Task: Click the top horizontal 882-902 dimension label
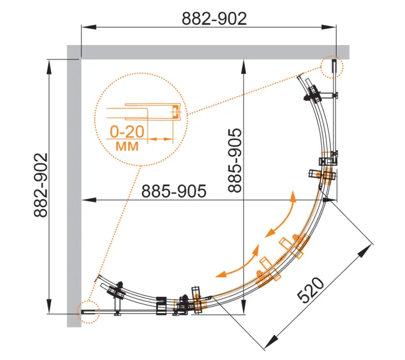(214, 19)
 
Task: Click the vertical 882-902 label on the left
(41, 185)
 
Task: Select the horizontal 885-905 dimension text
(174, 191)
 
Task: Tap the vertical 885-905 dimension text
(235, 160)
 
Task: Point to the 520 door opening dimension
(310, 290)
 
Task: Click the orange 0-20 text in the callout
(127, 132)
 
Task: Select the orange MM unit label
(127, 146)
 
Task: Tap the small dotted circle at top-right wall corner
(332, 67)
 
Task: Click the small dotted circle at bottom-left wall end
(88, 312)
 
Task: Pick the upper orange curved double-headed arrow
(281, 214)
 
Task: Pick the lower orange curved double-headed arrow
(238, 261)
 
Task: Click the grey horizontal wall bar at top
(208, 52)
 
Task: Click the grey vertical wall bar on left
(74, 186)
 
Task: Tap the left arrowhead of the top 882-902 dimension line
(89, 27)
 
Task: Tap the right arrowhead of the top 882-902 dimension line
(329, 27)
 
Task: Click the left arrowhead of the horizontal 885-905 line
(89, 200)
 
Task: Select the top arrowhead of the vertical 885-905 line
(244, 67)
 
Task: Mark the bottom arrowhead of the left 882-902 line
(49, 307)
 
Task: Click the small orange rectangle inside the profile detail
(175, 112)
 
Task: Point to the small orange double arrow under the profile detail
(160, 139)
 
